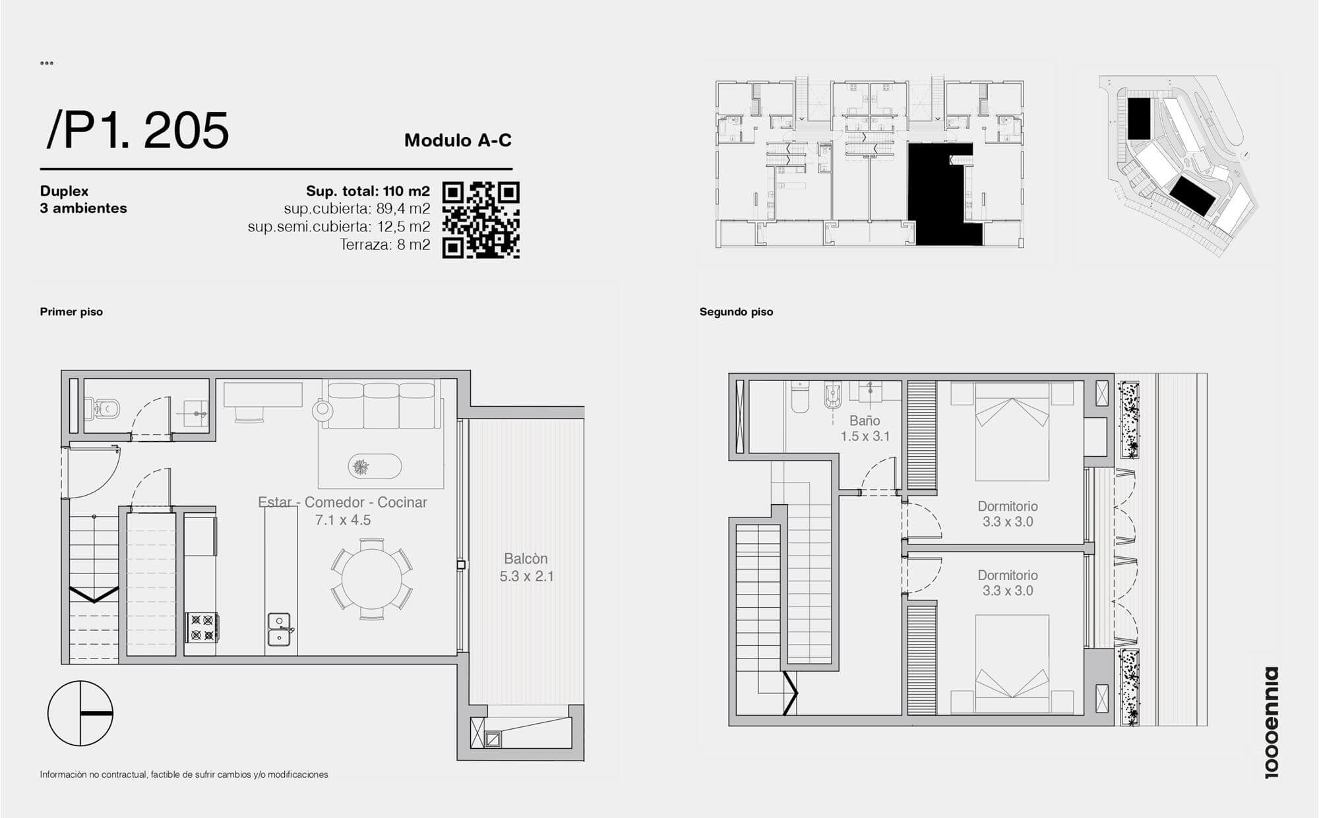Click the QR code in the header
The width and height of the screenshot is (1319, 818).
[481, 220]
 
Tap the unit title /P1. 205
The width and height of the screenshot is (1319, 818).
[138, 131]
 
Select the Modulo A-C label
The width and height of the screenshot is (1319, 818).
[458, 140]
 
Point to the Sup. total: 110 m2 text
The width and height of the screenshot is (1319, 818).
[368, 191]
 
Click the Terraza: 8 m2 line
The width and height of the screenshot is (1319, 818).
[385, 245]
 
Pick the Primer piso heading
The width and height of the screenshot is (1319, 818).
[71, 312]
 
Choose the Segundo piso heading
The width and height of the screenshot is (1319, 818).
[736, 312]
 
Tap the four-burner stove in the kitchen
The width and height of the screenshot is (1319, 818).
[202, 628]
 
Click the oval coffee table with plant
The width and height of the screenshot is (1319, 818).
[375, 467]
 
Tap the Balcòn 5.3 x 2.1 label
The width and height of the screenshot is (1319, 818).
[526, 568]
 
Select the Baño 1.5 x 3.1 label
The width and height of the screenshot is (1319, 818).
[865, 428]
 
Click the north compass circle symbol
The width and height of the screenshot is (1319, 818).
[80, 713]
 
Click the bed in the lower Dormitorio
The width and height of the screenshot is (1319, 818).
[1012, 664]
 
